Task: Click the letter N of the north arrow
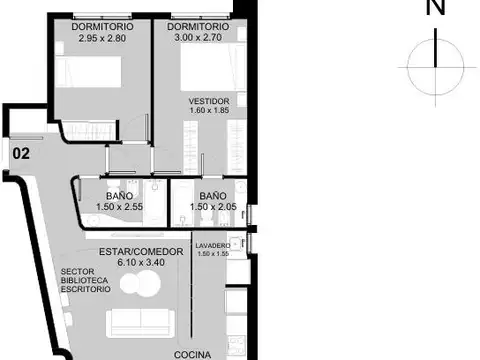tap(436, 7)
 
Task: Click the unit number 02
tap(21, 154)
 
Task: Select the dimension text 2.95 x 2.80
tap(102, 38)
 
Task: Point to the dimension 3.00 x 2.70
tap(198, 37)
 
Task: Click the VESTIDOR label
tap(209, 101)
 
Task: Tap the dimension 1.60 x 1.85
tap(209, 110)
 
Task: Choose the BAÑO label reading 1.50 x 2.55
tap(119, 196)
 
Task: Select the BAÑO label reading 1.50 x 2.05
tap(213, 196)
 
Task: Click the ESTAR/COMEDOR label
tap(141, 252)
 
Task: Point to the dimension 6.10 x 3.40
tap(141, 262)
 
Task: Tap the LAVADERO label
tap(213, 246)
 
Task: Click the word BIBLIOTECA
tap(84, 280)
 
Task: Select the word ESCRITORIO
tap(86, 289)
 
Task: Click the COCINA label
tap(192, 355)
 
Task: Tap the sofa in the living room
tap(140, 323)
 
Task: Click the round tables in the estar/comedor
tap(140, 283)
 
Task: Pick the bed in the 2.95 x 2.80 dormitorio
tap(88, 72)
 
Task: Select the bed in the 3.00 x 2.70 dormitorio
tap(213, 67)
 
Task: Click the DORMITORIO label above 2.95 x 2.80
tap(102, 27)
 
